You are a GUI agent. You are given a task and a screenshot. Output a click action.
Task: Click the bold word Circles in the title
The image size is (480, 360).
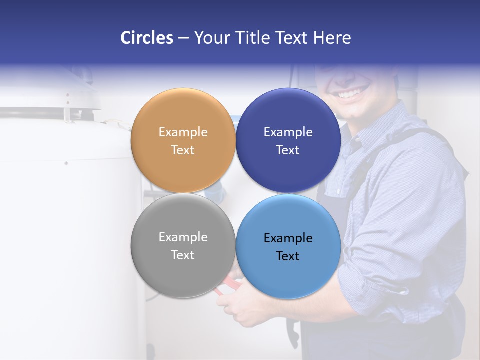pyautogui.click(x=146, y=38)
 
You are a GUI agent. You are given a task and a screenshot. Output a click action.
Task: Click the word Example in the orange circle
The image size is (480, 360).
pyautogui.click(x=183, y=132)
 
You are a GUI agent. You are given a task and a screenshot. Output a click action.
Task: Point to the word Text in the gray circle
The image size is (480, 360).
pyautogui.click(x=183, y=255)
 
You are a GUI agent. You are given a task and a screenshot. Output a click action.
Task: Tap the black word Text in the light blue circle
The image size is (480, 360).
pyautogui.click(x=288, y=256)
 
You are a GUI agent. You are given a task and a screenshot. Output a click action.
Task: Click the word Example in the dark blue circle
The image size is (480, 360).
pyautogui.click(x=288, y=132)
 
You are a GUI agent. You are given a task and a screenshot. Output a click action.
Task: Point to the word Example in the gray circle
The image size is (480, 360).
pyautogui.click(x=183, y=237)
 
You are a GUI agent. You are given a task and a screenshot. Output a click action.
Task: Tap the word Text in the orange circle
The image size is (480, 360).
pyautogui.click(x=183, y=150)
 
